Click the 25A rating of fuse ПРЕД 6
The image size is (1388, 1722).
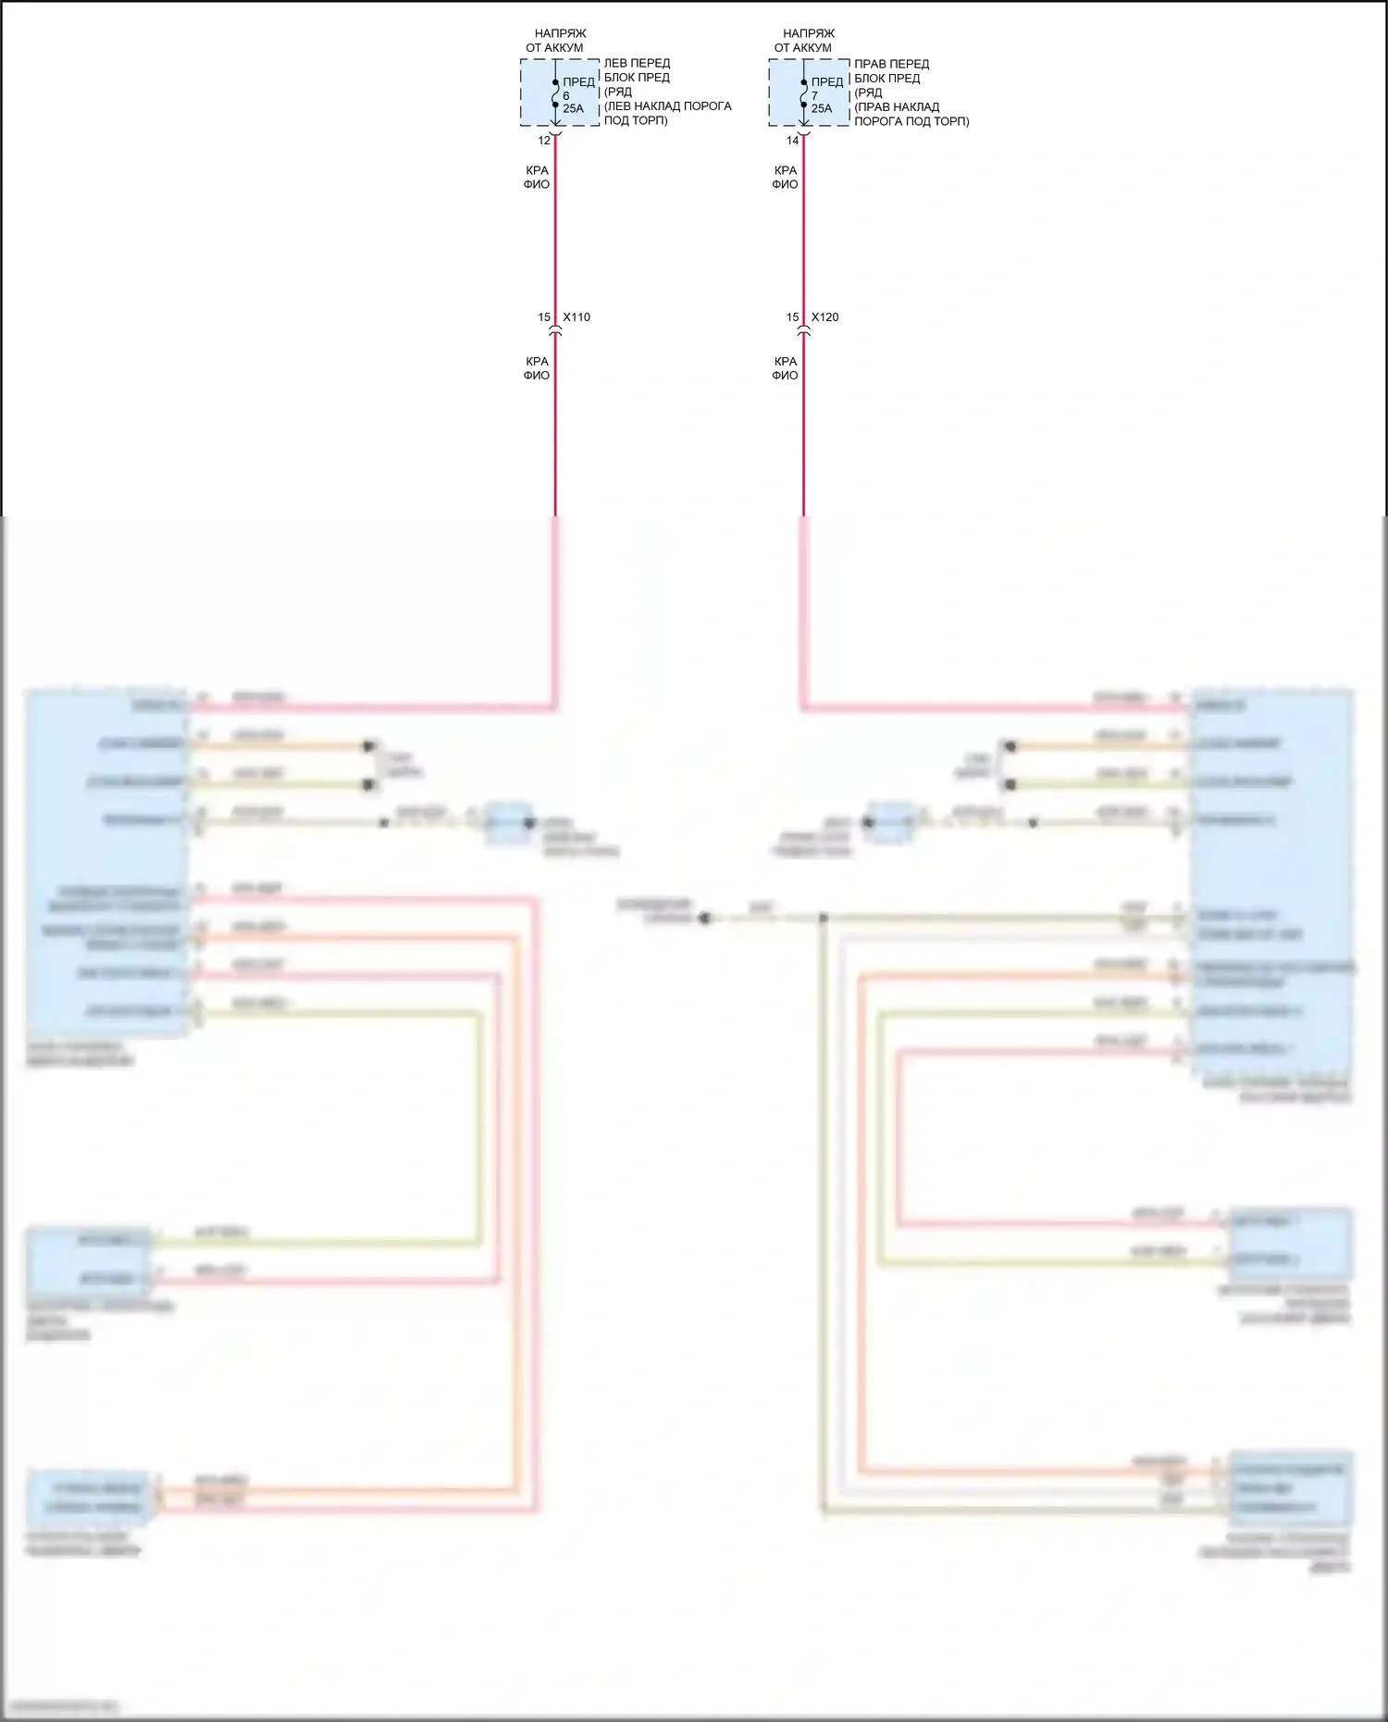point(573,109)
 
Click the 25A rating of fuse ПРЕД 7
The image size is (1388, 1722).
point(822,109)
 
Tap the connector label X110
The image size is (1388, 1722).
point(576,317)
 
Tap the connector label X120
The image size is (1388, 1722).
point(825,317)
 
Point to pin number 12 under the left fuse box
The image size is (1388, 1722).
point(544,141)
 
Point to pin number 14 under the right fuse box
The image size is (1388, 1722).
point(792,141)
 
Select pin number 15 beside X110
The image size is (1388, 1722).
point(544,317)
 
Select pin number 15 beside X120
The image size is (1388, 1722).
point(792,317)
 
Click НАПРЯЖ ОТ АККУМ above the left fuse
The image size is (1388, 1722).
point(555,41)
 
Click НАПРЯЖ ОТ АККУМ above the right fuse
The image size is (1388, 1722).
point(803,41)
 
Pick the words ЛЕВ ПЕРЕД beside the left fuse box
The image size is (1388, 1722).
point(637,64)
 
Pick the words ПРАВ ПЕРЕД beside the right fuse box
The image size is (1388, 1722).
point(891,64)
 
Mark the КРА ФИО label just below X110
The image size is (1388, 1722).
point(537,368)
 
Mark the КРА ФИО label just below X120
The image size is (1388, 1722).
point(785,368)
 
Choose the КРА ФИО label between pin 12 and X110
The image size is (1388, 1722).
point(537,178)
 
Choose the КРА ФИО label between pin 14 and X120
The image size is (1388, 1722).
point(785,178)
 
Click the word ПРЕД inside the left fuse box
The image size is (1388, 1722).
point(578,82)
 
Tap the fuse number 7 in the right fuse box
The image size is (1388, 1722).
point(814,96)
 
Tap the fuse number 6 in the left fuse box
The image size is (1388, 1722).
point(566,96)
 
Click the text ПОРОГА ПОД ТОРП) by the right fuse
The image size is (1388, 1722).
point(911,121)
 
